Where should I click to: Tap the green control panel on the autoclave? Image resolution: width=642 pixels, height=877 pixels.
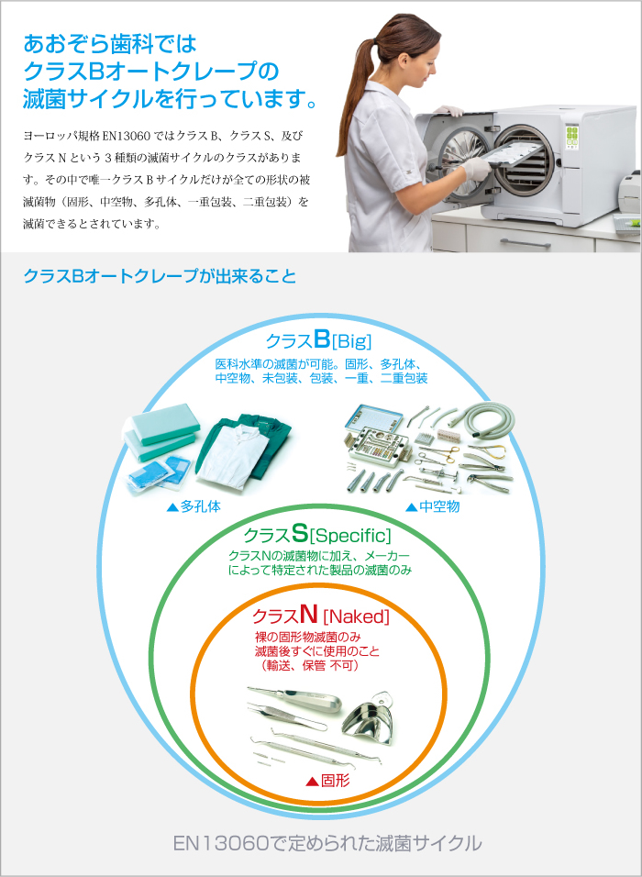pos(573,139)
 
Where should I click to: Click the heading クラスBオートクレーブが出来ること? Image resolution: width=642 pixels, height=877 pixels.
pos(160,275)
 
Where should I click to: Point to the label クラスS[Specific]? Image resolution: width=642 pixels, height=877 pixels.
pos(317,534)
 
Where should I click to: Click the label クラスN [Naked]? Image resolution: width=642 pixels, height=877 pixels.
pos(321,615)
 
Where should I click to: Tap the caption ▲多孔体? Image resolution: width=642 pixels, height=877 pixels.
pos(193,505)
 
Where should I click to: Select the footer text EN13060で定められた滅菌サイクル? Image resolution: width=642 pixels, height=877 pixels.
pos(327,843)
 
